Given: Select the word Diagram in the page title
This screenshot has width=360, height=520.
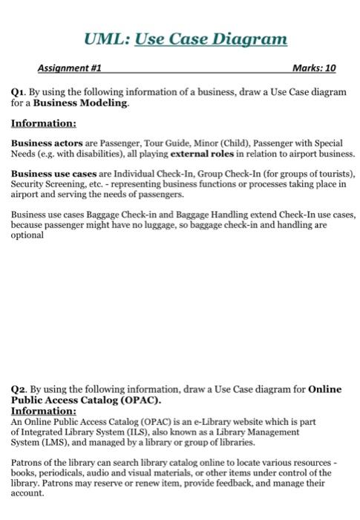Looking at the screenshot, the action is coord(250,38).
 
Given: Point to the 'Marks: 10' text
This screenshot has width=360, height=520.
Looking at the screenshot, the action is coord(314,68).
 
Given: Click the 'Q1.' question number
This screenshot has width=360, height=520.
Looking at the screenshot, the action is coord(20,92).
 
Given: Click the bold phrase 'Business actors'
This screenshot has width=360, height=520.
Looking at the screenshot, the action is coord(40,143).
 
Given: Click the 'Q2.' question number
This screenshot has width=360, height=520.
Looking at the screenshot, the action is coord(20,389).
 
